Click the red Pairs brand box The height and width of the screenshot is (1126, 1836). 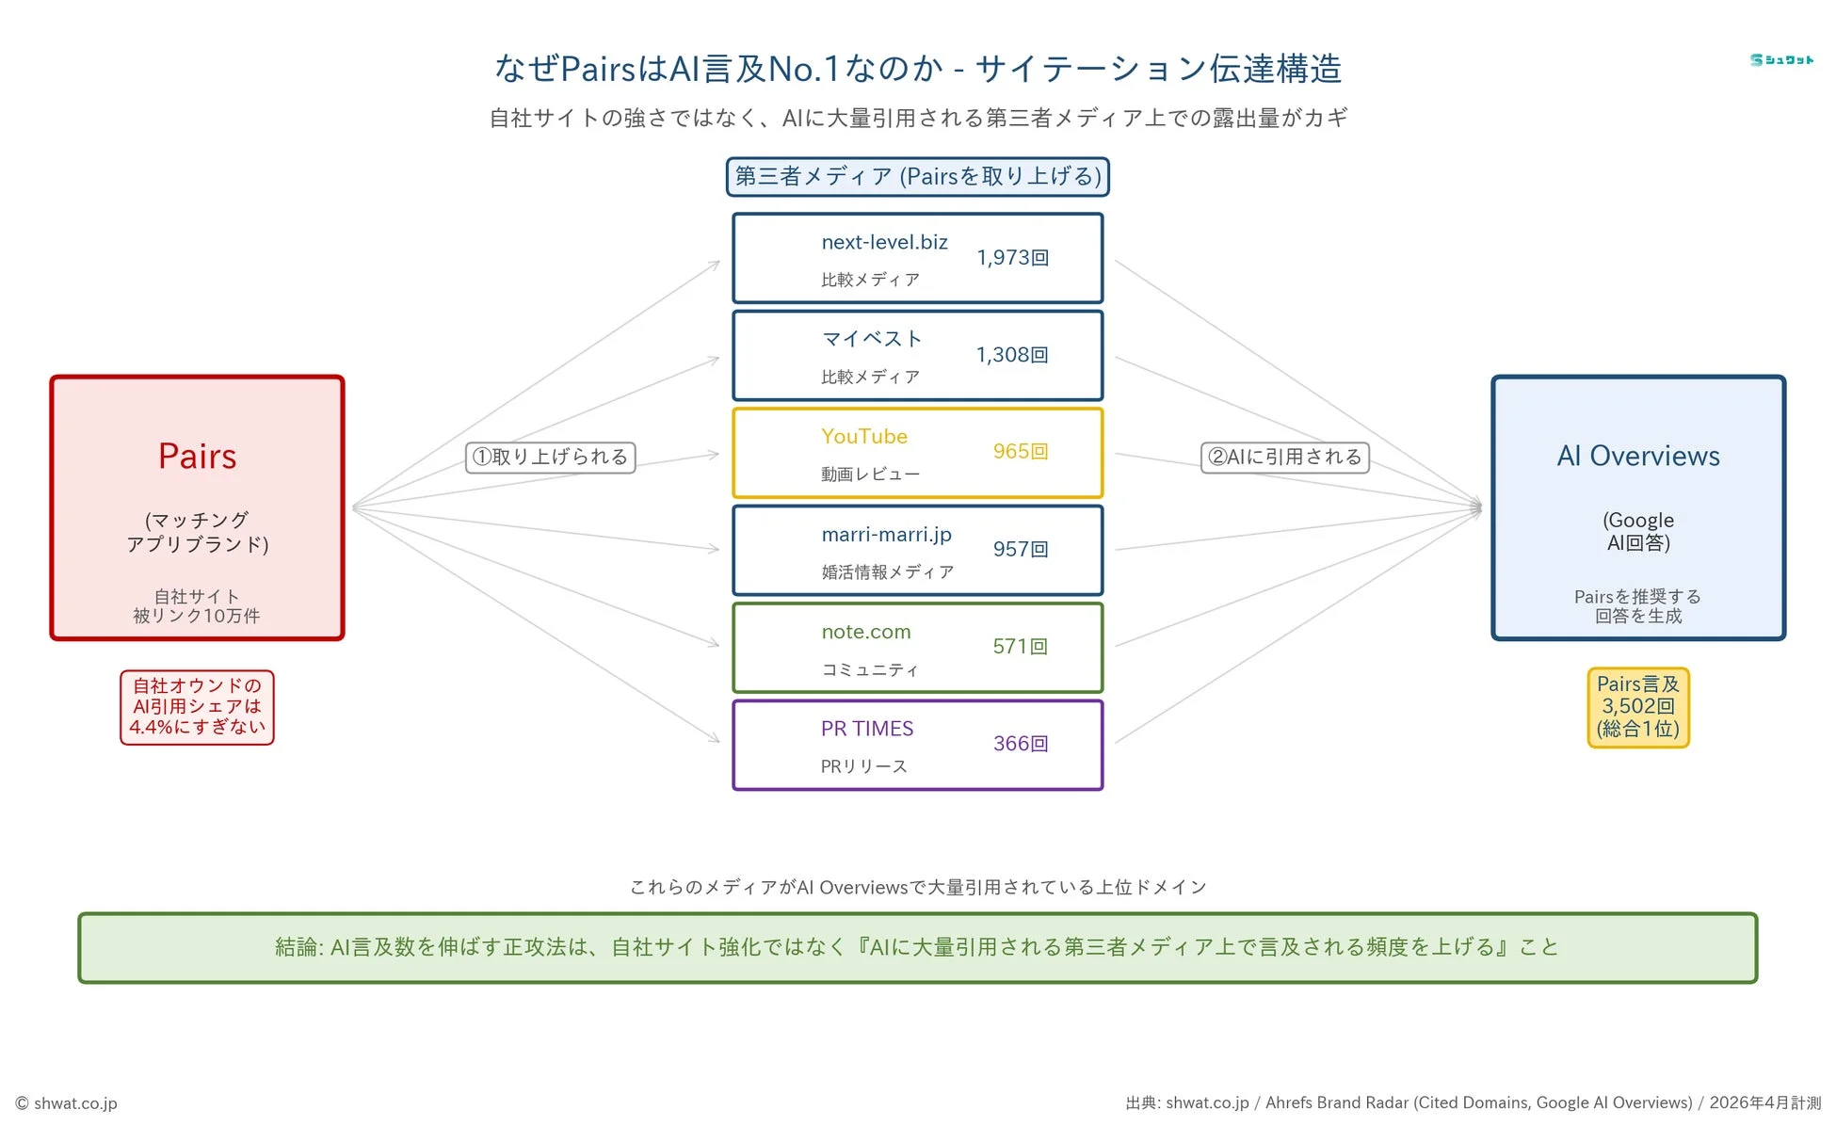pos(197,507)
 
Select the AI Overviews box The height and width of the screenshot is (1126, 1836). pos(1637,507)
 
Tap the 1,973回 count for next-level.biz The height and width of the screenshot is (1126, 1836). pos(1012,257)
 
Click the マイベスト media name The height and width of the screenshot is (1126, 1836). pos(871,338)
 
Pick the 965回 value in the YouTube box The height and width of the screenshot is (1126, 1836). pos(1020,451)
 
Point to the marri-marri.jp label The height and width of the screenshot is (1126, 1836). pos(886,534)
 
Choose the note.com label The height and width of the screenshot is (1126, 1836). pos(865,632)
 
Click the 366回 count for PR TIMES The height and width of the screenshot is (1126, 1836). pos(1020,744)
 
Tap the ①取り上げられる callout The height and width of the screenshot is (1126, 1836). pos(551,457)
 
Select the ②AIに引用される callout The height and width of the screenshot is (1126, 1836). pos(1284,457)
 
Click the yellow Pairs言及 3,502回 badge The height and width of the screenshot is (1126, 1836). pos(1637,707)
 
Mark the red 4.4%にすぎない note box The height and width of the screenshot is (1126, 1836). pos(197,707)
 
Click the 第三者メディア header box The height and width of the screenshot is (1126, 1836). pos(917,176)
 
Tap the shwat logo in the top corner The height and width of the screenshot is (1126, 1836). pos(1780,60)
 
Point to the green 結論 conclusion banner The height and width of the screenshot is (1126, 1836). pos(917,947)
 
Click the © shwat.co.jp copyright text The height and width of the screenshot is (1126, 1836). pos(67,1102)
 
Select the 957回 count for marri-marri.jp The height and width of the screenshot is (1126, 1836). pos(1020,549)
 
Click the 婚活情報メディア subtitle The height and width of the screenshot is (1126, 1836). pos(887,571)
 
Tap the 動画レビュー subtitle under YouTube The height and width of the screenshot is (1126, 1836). pos(869,474)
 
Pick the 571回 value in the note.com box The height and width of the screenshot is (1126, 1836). pos(1020,646)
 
